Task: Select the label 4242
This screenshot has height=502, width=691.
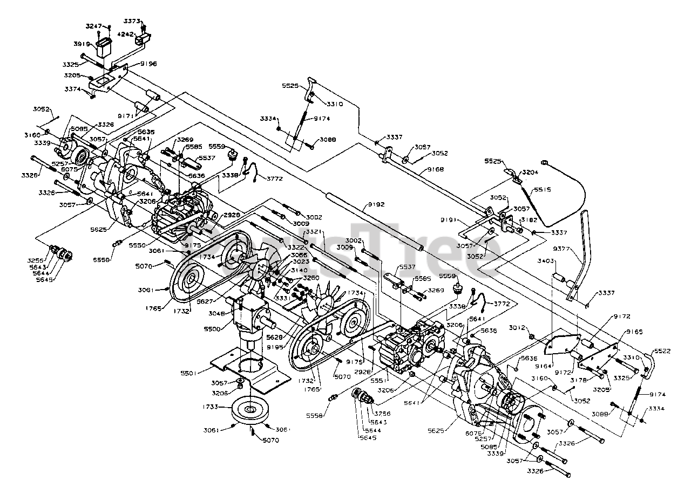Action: (x=126, y=33)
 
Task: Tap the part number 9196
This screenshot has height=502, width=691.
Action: (x=148, y=64)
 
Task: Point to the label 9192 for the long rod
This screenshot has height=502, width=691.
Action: (x=361, y=204)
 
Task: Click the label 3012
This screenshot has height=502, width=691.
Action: (x=517, y=327)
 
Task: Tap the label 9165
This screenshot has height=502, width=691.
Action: (x=634, y=332)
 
